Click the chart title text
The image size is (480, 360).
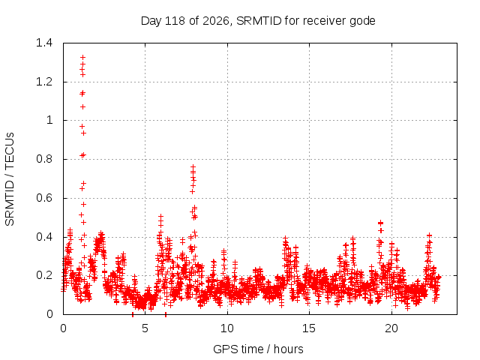tap(258, 21)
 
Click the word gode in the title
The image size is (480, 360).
tap(363, 22)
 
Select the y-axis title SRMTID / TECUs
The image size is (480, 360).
tap(10, 179)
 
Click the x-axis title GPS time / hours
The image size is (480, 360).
tap(258, 349)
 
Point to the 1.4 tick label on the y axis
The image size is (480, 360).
tap(44, 43)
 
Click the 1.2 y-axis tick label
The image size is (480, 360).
tap(44, 82)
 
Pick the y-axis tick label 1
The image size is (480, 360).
tap(49, 120)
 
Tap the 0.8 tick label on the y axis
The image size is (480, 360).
tap(44, 159)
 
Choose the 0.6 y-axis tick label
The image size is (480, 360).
tap(44, 198)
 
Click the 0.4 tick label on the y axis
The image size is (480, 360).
tap(44, 237)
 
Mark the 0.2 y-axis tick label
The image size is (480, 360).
tap(44, 275)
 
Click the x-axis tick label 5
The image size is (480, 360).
tap(145, 328)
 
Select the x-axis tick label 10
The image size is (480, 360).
tap(227, 328)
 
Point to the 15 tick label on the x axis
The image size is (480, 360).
tap(309, 328)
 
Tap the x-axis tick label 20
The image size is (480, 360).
tap(391, 328)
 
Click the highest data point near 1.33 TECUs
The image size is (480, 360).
tap(82, 57)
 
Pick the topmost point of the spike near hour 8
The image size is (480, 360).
tap(193, 166)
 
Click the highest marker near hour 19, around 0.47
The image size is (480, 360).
tap(380, 223)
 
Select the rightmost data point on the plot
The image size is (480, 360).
tap(439, 277)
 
